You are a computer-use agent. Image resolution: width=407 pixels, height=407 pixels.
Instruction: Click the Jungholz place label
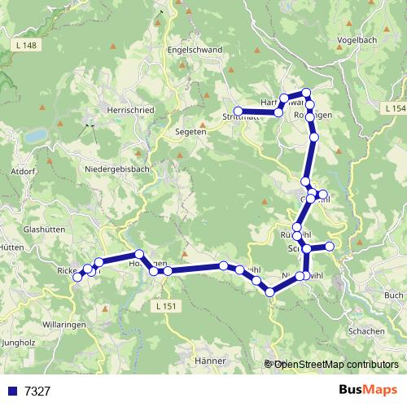(18, 343)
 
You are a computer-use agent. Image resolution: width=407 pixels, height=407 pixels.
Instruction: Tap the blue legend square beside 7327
(12, 392)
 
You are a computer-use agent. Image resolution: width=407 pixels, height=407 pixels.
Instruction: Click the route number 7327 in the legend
(37, 392)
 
